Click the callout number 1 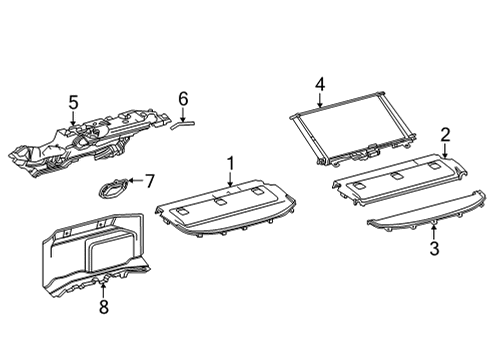coord(229,162)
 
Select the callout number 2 coord(445,134)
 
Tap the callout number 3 coord(434,249)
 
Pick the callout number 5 coord(72,101)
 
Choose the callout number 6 coord(182,98)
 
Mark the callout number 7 coord(150,181)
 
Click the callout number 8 coord(103,310)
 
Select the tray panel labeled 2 coord(400,180)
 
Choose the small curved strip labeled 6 coord(182,124)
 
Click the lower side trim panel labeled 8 coord(90,260)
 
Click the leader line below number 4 coord(319,100)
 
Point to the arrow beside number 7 coord(136,181)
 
